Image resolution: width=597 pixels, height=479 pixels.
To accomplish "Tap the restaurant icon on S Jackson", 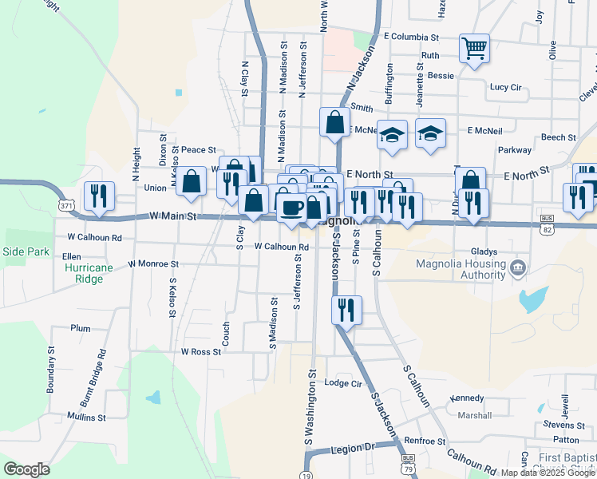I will coord(346,309).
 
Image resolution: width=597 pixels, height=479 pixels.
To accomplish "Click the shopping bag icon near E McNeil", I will coord(334,122).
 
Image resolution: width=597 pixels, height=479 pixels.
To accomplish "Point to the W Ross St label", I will coord(200,351).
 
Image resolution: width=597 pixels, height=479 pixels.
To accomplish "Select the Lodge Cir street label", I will coord(344,383).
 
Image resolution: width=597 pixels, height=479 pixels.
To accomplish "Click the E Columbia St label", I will coord(411,38).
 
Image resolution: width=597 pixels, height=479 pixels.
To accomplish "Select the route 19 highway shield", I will coord(307,473).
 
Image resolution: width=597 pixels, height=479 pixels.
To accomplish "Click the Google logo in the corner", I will coord(26,469).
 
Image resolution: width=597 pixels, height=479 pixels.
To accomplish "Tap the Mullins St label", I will coord(86,417).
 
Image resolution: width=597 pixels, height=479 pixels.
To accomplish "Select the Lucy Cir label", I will coord(505,87).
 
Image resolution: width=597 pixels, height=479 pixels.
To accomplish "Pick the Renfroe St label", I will coord(424,441).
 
